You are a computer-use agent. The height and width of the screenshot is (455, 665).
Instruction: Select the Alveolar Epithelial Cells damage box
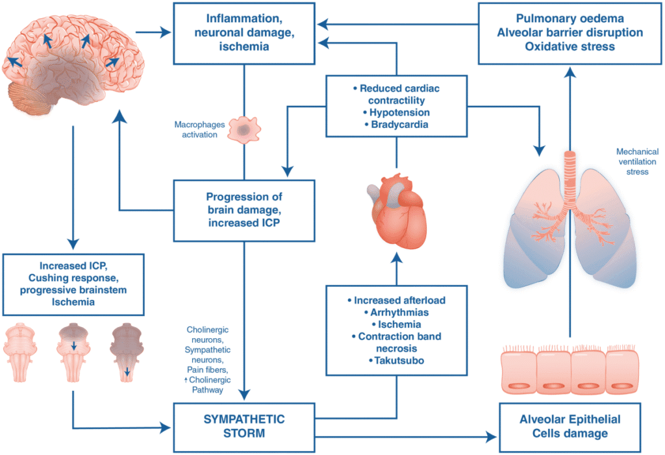point(570,426)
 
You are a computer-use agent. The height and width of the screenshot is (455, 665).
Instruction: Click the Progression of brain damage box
point(244,210)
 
